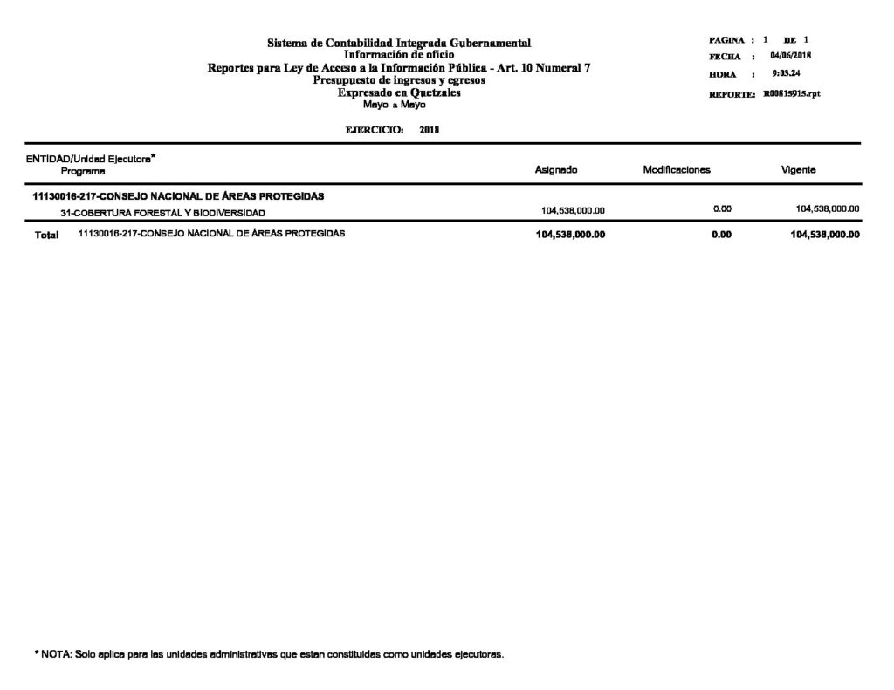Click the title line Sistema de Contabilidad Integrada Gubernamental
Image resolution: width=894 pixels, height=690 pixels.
[399, 44]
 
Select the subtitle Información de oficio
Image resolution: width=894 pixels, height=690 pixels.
[399, 55]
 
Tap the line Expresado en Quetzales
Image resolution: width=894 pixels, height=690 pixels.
[399, 92]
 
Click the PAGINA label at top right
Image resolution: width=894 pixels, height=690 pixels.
[726, 41]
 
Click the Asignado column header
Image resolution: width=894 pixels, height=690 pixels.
[556, 170]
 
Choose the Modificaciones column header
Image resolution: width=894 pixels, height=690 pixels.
[677, 170]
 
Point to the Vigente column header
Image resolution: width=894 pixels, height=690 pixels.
[799, 170]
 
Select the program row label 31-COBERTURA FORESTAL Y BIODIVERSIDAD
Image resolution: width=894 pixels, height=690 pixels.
[158, 213]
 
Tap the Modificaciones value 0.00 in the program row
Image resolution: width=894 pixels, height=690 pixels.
[721, 209]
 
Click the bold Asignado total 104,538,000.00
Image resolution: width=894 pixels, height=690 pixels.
[570, 236]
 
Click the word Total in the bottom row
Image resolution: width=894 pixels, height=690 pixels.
[46, 236]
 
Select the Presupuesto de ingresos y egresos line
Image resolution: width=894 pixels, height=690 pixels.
[399, 80]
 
